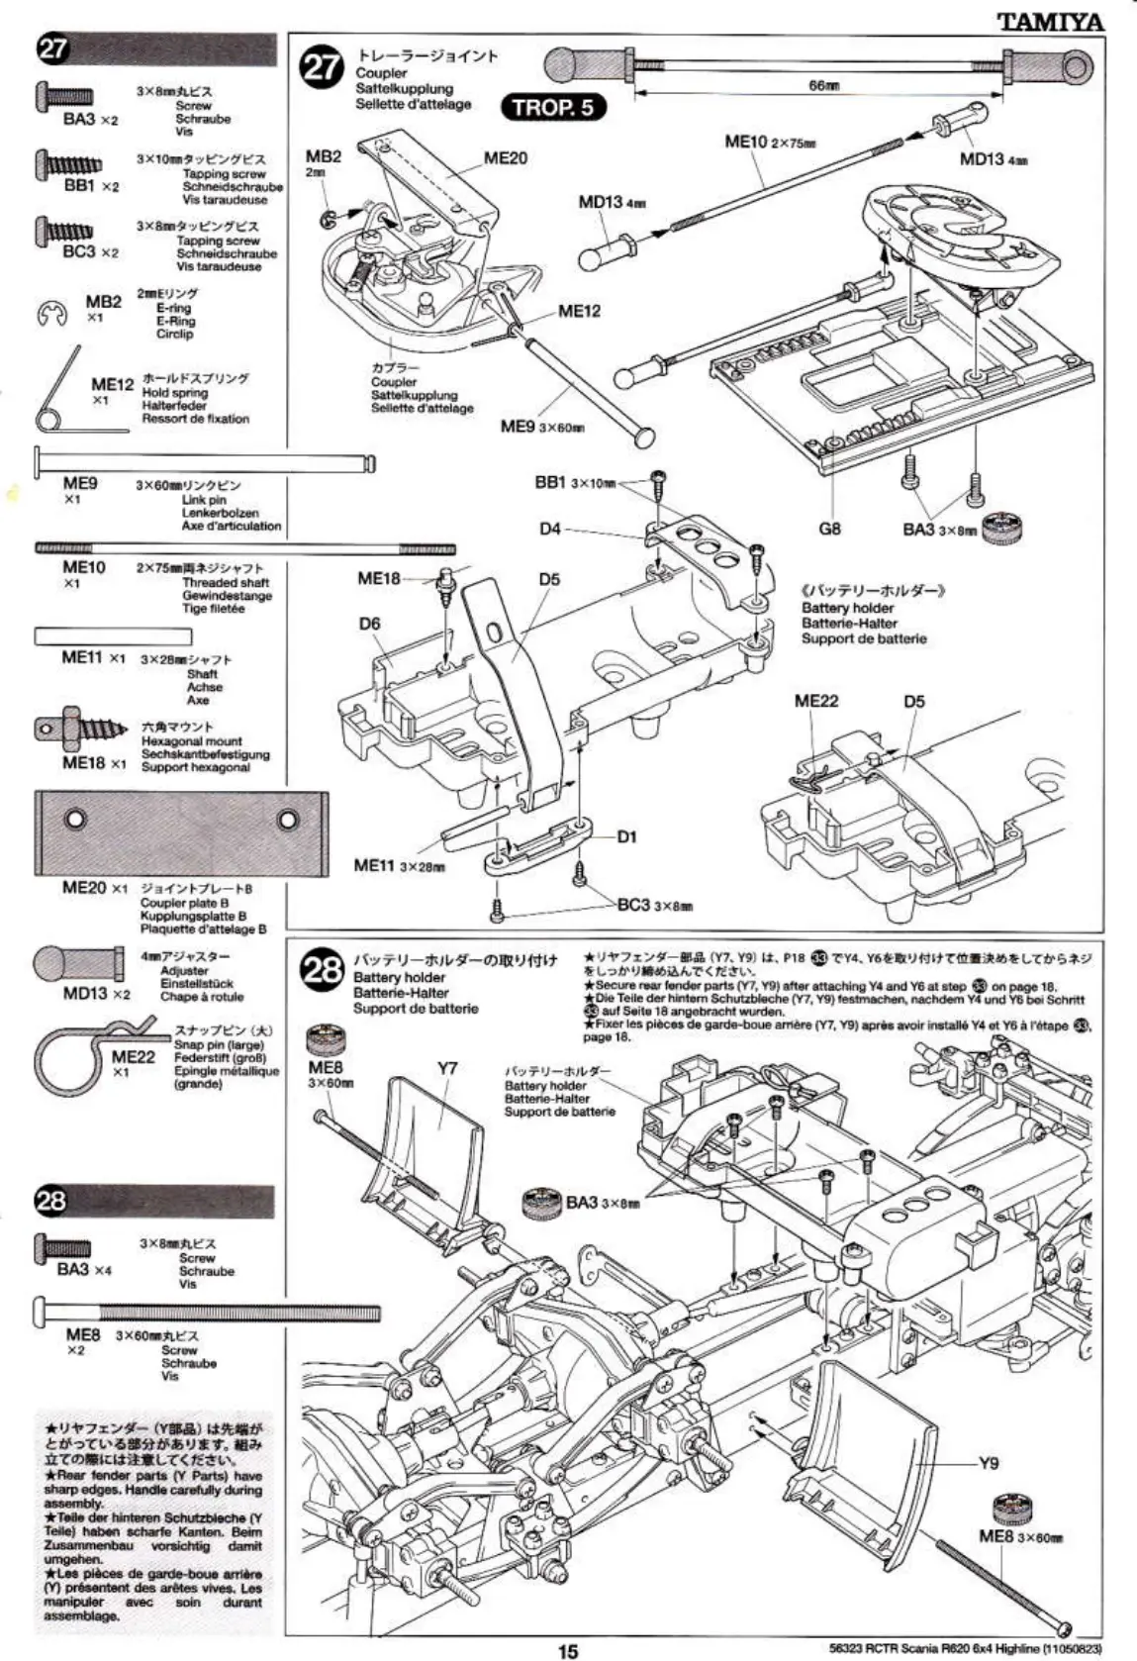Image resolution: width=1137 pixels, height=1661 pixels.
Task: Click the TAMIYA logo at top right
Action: click(1050, 20)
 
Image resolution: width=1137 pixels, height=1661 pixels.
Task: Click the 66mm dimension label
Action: click(823, 86)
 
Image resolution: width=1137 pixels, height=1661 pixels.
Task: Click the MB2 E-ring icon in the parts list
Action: click(50, 314)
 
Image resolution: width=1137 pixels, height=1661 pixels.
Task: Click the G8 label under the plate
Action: click(829, 529)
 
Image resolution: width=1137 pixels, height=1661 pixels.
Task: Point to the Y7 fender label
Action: click(447, 1068)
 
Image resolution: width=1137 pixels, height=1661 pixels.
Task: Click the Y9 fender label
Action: click(988, 1463)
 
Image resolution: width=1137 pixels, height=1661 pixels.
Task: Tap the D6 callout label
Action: click(369, 624)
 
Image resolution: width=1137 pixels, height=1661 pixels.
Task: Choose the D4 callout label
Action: click(550, 529)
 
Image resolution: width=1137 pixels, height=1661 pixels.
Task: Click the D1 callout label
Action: click(627, 836)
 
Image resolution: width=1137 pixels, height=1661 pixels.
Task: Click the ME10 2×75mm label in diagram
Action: click(770, 142)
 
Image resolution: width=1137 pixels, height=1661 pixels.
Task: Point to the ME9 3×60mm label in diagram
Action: click(542, 426)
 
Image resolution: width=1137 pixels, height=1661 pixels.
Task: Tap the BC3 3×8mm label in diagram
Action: click(654, 905)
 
